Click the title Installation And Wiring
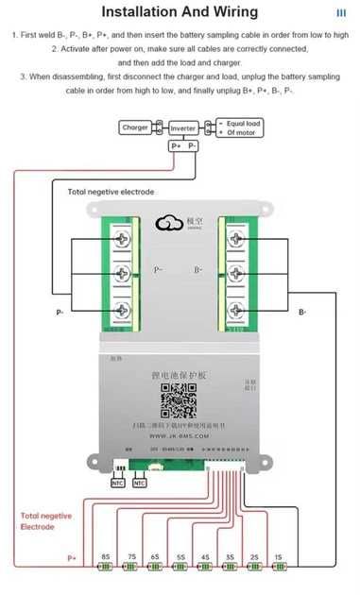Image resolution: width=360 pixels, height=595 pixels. [179, 12]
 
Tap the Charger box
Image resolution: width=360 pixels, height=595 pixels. [135, 127]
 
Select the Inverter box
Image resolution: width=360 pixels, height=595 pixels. [183, 127]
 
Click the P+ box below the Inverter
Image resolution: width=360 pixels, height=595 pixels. [176, 146]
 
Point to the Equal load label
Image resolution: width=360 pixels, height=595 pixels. [244, 123]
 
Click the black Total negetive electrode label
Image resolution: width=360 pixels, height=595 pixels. [111, 192]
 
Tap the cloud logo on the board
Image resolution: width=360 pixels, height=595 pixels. [170, 223]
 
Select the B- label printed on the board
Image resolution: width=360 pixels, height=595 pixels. [199, 270]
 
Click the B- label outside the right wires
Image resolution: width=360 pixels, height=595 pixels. [302, 311]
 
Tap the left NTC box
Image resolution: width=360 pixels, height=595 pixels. [118, 483]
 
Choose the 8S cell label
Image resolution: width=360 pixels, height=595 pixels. [106, 557]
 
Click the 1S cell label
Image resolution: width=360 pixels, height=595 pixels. [277, 557]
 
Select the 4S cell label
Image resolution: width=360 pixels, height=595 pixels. [204, 557]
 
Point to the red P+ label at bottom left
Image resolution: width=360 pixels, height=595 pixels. [72, 557]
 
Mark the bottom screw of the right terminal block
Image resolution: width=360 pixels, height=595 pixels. [232, 309]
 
